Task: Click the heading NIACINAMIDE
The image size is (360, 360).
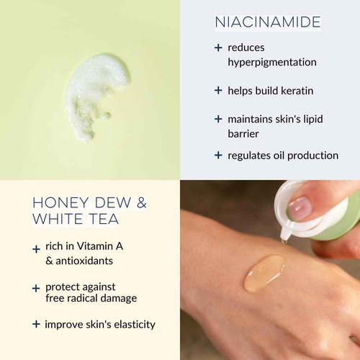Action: pyautogui.click(x=268, y=23)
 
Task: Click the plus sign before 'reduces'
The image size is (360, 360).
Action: pyautogui.click(x=218, y=48)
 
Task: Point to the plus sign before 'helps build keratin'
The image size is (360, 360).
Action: pyautogui.click(x=218, y=91)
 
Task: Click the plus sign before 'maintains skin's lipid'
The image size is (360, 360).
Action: pyautogui.click(x=218, y=119)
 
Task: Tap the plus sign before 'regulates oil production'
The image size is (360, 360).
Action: pyautogui.click(x=218, y=155)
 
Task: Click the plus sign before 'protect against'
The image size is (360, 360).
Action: pyautogui.click(x=36, y=288)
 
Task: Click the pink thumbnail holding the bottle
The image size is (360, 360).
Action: pyautogui.click(x=300, y=207)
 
